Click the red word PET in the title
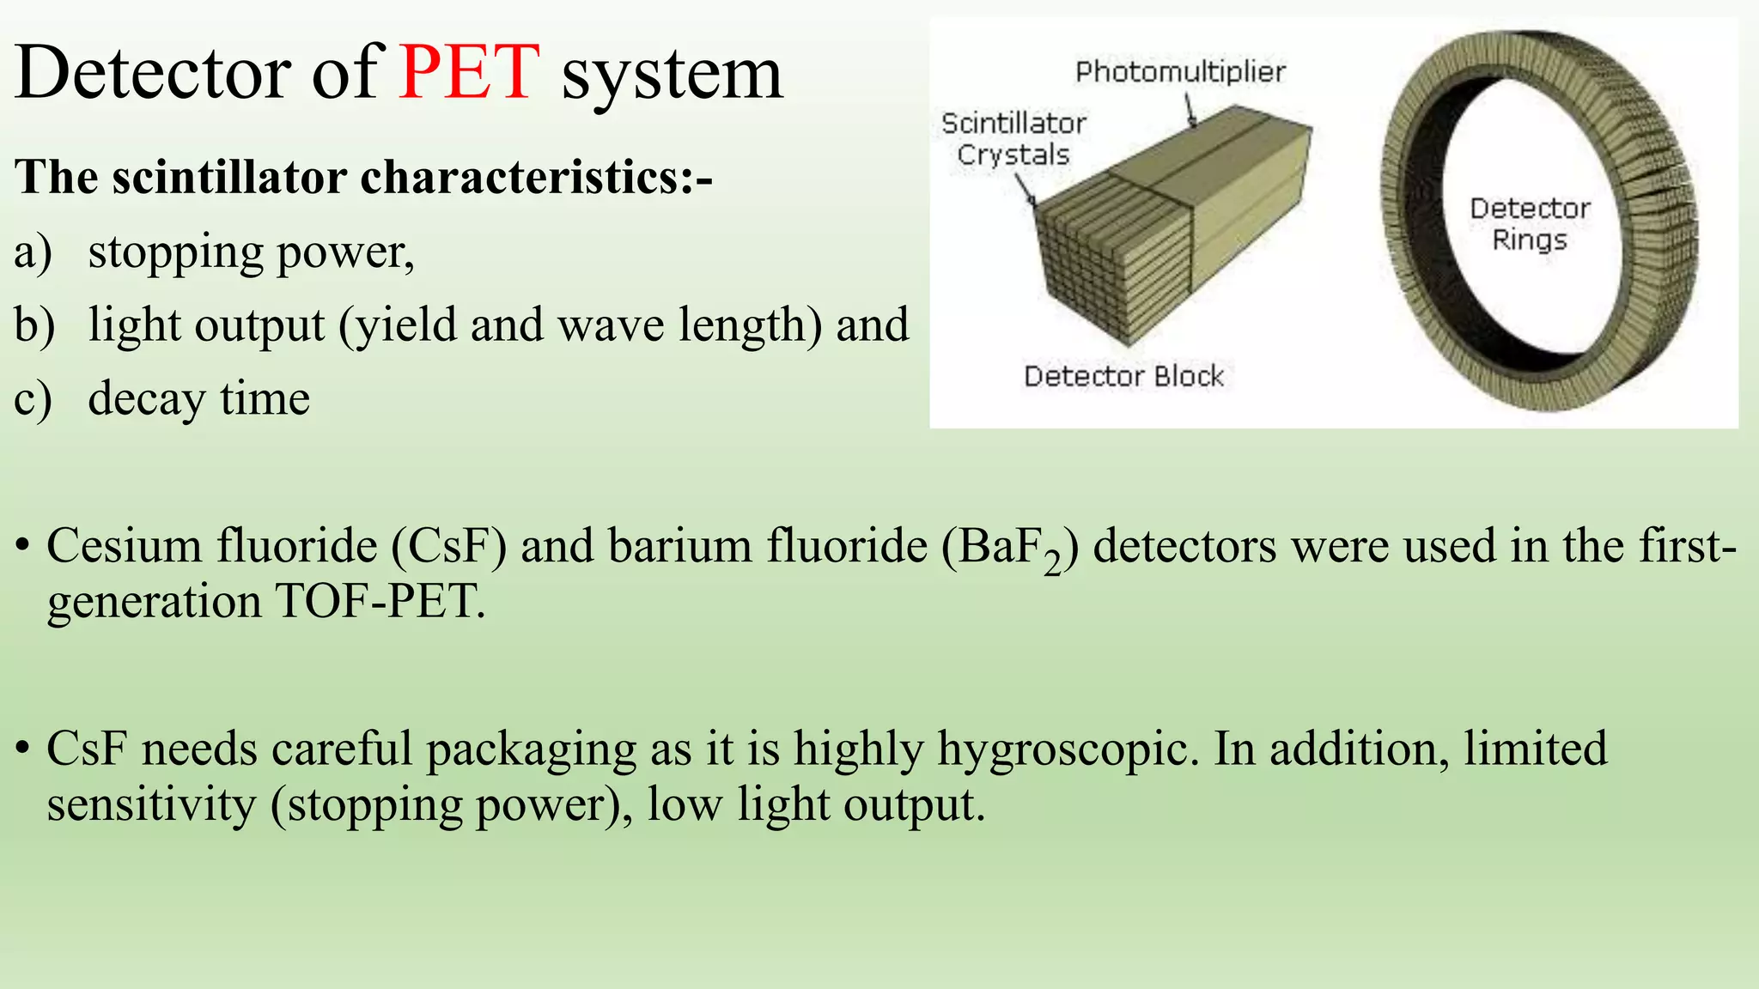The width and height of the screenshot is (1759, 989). click(x=469, y=72)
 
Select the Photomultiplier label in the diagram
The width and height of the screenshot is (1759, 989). click(x=1180, y=72)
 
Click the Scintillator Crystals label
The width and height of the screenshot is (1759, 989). click(x=1013, y=139)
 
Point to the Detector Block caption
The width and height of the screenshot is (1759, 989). click(x=1123, y=376)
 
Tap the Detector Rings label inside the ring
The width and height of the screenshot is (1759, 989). click(x=1530, y=223)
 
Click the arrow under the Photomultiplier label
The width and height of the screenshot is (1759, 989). click(x=1191, y=112)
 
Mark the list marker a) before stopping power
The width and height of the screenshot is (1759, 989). click(x=33, y=252)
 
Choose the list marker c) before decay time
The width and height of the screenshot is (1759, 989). click(x=33, y=399)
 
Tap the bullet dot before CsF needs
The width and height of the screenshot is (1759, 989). click(x=24, y=749)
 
